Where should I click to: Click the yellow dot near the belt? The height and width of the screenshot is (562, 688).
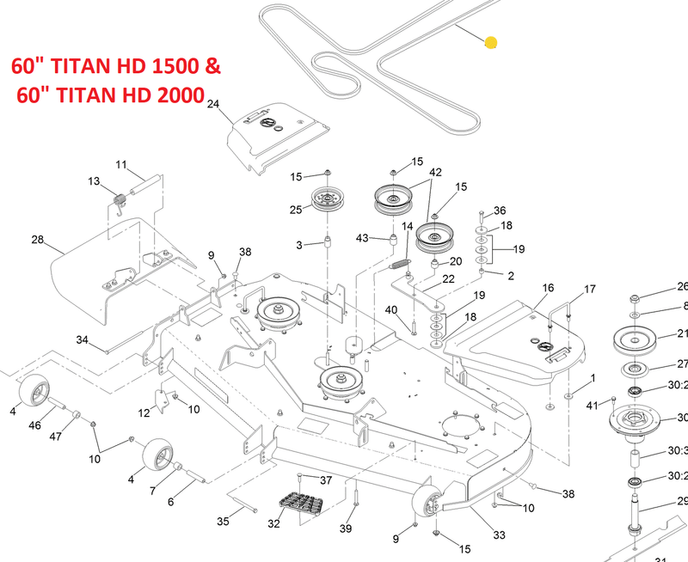coord(491,42)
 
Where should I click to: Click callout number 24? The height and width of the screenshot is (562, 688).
coord(213,105)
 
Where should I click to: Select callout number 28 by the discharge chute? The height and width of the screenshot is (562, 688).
coord(37,239)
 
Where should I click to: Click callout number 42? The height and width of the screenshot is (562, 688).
coord(436,173)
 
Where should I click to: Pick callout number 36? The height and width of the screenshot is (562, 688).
coord(500,211)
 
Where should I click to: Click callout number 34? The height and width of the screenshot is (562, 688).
coord(83,340)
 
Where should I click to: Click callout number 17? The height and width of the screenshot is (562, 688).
coord(590,289)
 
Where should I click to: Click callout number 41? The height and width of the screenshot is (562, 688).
coord(592,405)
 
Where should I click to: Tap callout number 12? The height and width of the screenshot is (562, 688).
coord(144,413)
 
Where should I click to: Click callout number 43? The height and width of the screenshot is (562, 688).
coord(362,237)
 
